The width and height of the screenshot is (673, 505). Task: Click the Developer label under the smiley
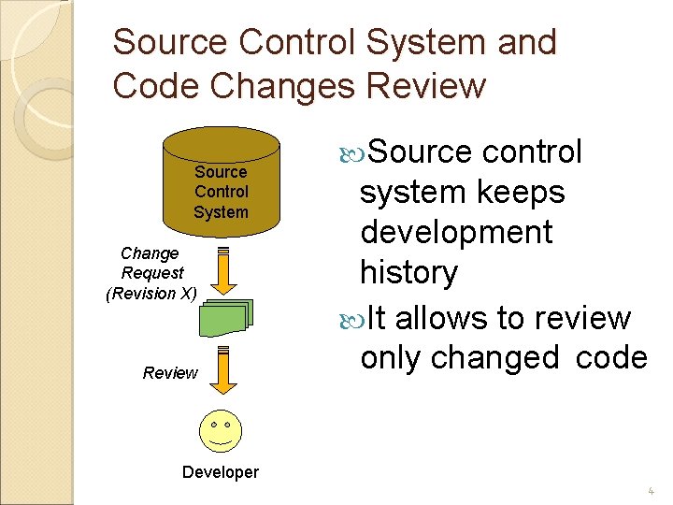[221, 472]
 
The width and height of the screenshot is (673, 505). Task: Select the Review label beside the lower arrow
[170, 373]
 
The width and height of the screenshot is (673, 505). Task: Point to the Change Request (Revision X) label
[150, 273]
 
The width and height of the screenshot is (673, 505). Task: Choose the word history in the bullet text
[408, 273]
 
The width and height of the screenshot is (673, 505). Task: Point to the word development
[456, 232]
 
